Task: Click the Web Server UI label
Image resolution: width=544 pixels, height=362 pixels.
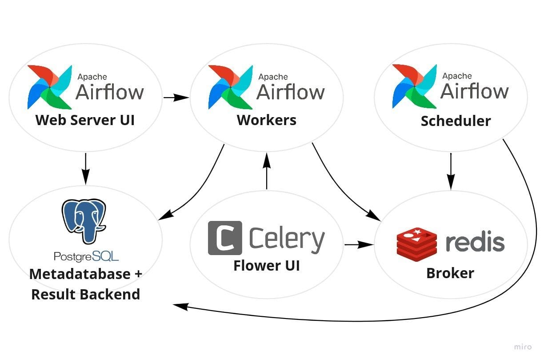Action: point(85,120)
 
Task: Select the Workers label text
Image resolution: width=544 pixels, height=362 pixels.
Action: point(266,120)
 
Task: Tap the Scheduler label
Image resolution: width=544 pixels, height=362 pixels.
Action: point(456,121)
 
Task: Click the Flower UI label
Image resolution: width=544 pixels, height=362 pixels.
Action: point(266,265)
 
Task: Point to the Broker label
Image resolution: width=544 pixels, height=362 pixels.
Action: point(450,273)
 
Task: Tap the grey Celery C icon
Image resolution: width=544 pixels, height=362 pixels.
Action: point(225,238)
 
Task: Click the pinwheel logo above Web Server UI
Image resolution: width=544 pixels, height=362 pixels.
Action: point(49,87)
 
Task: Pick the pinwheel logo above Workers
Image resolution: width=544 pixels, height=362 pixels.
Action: point(230,87)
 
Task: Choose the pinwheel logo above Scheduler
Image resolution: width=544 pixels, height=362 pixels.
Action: point(414,87)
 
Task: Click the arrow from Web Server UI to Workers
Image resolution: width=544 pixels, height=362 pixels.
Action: point(176,98)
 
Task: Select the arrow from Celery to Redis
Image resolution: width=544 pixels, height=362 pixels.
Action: point(358,244)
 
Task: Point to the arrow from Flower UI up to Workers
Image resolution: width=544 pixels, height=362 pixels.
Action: point(267,171)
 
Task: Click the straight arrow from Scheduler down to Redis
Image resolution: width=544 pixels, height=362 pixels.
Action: point(451,171)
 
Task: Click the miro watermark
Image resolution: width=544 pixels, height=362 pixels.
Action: point(523,347)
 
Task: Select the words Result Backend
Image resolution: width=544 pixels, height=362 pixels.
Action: point(85,294)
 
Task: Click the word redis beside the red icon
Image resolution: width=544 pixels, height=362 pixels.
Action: point(475,243)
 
